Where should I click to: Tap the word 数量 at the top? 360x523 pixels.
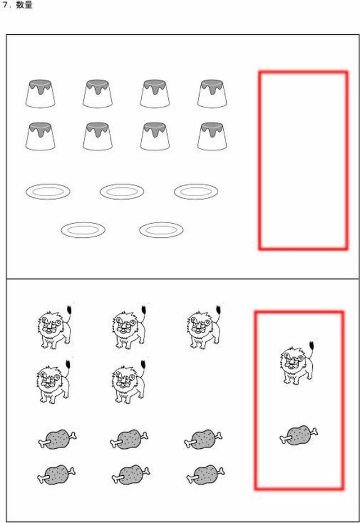click(x=25, y=5)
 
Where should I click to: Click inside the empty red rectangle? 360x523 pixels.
click(x=303, y=160)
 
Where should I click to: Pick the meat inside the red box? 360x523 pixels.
click(x=299, y=435)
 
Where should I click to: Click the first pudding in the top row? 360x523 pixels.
click(x=40, y=93)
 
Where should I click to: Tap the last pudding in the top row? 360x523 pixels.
click(x=212, y=93)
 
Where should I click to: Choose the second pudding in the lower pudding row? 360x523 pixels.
click(x=98, y=136)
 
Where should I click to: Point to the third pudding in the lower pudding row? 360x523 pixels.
click(x=155, y=136)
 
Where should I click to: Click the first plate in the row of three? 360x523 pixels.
click(x=48, y=192)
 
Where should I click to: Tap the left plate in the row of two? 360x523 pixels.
click(x=83, y=229)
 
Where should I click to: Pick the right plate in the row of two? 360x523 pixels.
click(x=161, y=229)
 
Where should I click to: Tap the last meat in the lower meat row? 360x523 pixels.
click(x=205, y=475)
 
